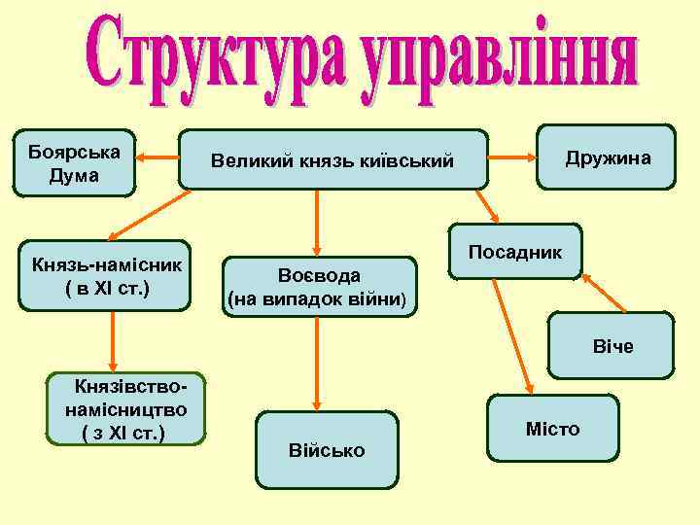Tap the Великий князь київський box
coord(332,160)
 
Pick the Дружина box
coord(609,157)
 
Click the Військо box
coord(327,450)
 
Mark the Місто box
coord(552,429)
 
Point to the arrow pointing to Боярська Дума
coord(157,161)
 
